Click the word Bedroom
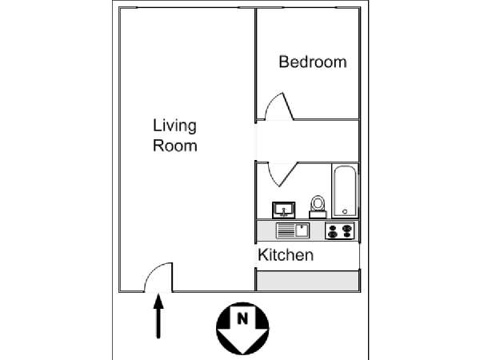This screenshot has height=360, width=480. click(312, 62)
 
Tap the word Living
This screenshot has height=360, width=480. click(174, 126)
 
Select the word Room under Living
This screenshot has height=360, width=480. click(174, 146)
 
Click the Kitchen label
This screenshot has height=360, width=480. click(285, 256)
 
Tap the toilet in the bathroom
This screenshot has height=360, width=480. click(318, 206)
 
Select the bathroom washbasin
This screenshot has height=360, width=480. click(284, 210)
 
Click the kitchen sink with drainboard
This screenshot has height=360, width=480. click(292, 231)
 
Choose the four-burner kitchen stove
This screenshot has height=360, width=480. click(340, 231)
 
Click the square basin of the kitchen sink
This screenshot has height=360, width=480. click(302, 231)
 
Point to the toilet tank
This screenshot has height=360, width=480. click(318, 214)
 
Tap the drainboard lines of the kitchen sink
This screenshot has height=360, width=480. click(286, 231)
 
